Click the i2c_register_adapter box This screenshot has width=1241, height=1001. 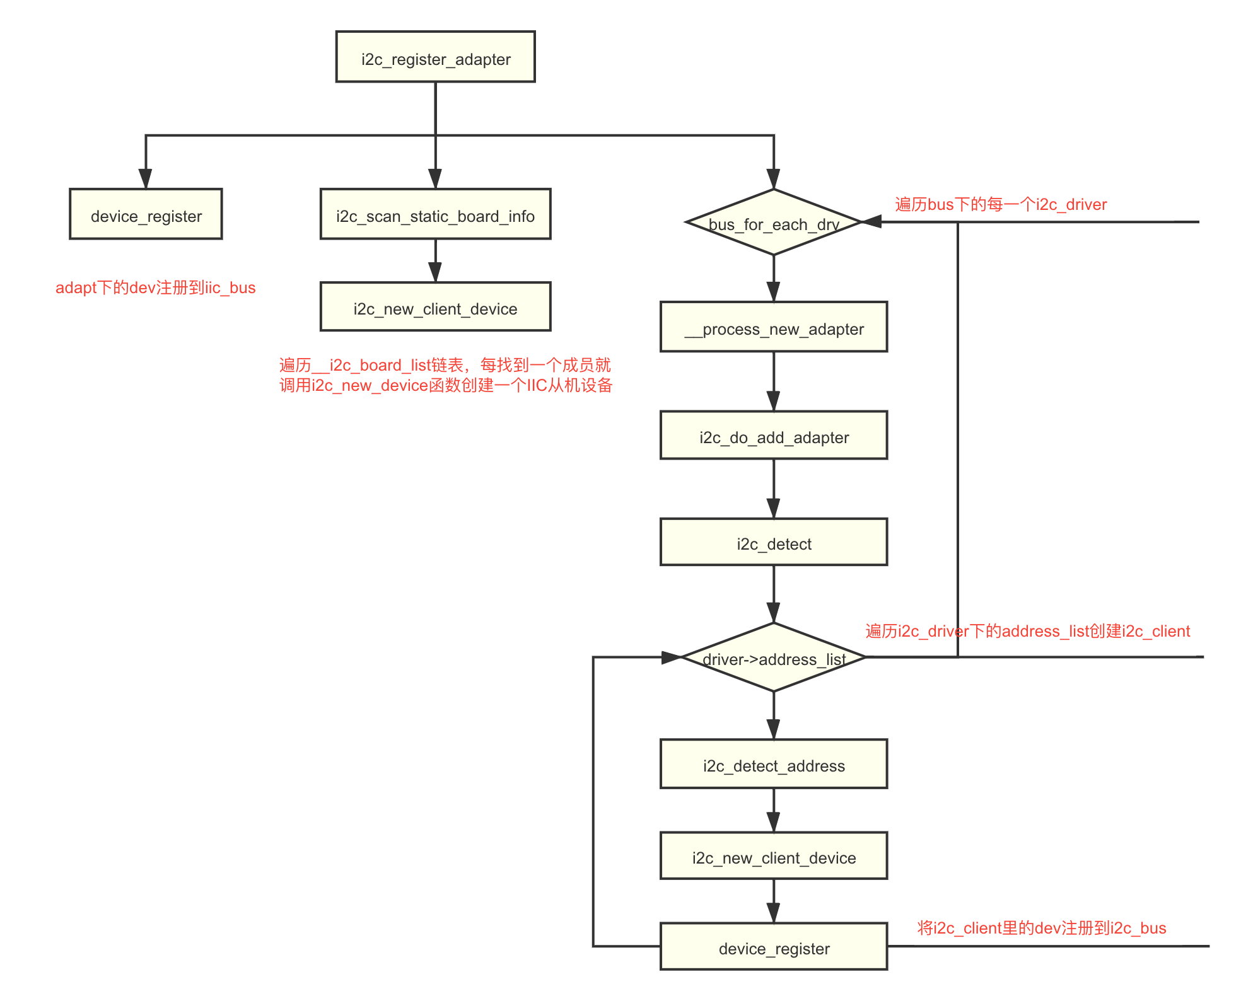coord(435,57)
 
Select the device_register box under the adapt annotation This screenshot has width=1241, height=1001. coord(146,214)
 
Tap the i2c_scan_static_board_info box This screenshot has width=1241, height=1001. coord(435,214)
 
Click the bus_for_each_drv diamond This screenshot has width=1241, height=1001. coord(774,223)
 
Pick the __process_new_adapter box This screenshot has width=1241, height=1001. coord(774,327)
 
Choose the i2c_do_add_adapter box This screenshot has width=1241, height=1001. coord(774,436)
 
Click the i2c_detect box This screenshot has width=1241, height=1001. coord(774,542)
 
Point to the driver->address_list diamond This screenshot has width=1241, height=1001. coord(774,657)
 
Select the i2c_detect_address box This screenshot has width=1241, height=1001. coord(774,764)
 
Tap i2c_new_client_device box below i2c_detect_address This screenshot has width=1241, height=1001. coord(774,856)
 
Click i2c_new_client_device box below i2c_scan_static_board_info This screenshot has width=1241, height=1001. coord(435,307)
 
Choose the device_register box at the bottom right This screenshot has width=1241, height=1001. coord(774,947)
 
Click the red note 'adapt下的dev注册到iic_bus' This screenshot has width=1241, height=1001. coord(155,288)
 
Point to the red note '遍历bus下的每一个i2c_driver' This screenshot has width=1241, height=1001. coord(1001,204)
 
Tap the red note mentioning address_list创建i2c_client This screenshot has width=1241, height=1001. coord(1027,631)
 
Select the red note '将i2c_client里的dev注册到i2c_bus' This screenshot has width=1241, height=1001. coord(1042,928)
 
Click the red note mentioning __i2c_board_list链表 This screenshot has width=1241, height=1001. coord(445,375)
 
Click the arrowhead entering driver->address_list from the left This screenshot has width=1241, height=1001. coord(672,657)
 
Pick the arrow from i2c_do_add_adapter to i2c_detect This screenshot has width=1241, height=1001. coord(774,489)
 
